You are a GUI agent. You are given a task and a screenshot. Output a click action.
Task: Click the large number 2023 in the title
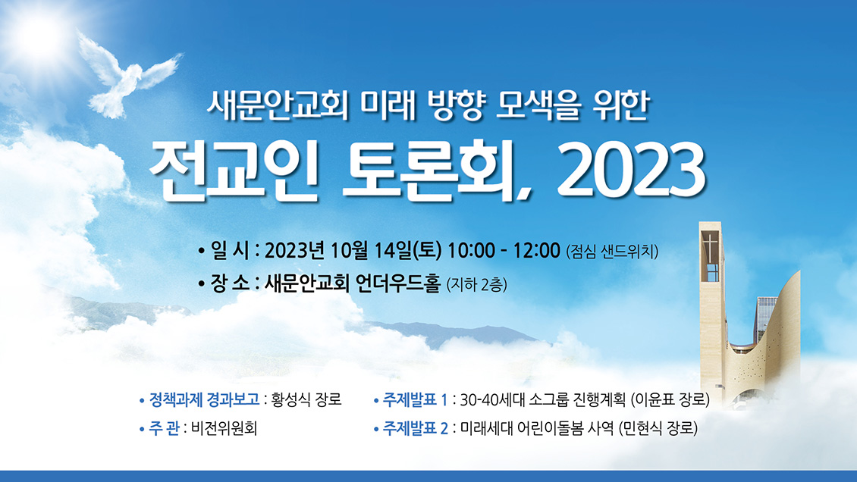coord(630,171)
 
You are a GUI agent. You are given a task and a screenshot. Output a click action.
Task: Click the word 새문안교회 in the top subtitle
coord(278,105)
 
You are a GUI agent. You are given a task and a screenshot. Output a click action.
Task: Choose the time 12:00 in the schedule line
coord(537,251)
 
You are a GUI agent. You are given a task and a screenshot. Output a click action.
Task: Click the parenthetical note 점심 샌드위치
coord(612,252)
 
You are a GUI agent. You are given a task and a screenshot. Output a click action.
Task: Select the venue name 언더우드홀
coord(398,283)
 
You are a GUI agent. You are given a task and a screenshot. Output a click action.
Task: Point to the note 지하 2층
coord(476,284)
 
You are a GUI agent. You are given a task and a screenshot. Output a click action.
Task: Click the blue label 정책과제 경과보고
coord(205,399)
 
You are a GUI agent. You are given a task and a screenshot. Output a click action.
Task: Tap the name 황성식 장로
coord(306,399)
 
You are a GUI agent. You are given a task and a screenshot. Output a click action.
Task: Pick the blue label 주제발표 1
coord(416,400)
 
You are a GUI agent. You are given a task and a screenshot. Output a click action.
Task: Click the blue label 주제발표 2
coord(416,428)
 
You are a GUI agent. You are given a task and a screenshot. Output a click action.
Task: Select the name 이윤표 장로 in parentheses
coord(670,400)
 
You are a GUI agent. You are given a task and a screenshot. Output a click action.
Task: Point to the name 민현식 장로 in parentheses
coord(658,428)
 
